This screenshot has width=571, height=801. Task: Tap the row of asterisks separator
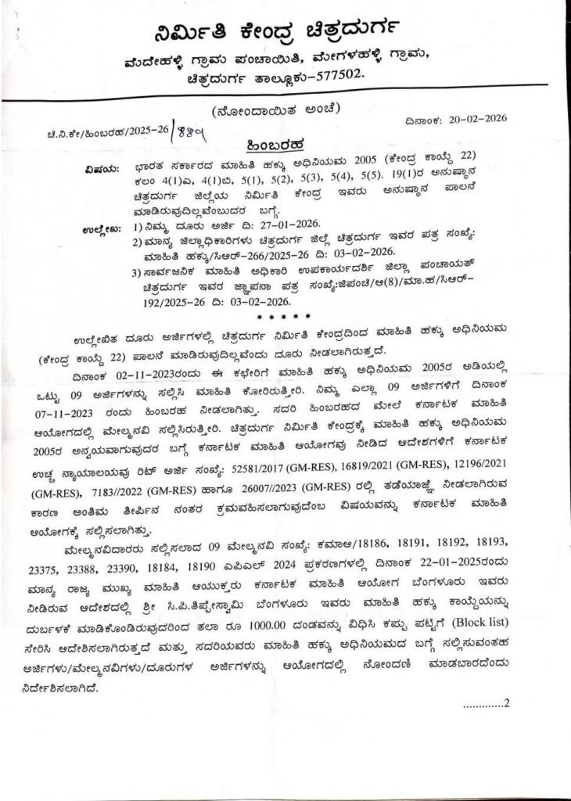pos(285,317)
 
